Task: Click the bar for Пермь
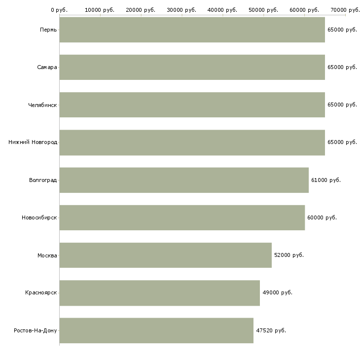pos(192,30)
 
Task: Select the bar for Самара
pos(192,67)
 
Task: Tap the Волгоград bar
pos(184,180)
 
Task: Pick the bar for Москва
pos(166,255)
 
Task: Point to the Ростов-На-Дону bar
pos(156,330)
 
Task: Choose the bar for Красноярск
pos(160,293)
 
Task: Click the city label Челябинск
pos(42,105)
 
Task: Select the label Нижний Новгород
pos(33,143)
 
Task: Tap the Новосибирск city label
pos(39,217)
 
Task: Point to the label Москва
pos(47,255)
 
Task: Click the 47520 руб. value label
pos(271,330)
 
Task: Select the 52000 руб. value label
pos(289,255)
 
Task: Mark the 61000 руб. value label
pos(326,180)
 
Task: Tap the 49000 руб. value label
pos(277,292)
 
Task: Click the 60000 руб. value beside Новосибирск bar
pos(322,217)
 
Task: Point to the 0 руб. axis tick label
pos(59,10)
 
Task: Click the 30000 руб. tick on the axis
pos(181,10)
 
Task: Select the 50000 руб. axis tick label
pos(263,10)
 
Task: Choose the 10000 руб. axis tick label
pos(100,10)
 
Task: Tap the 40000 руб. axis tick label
pos(222,10)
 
